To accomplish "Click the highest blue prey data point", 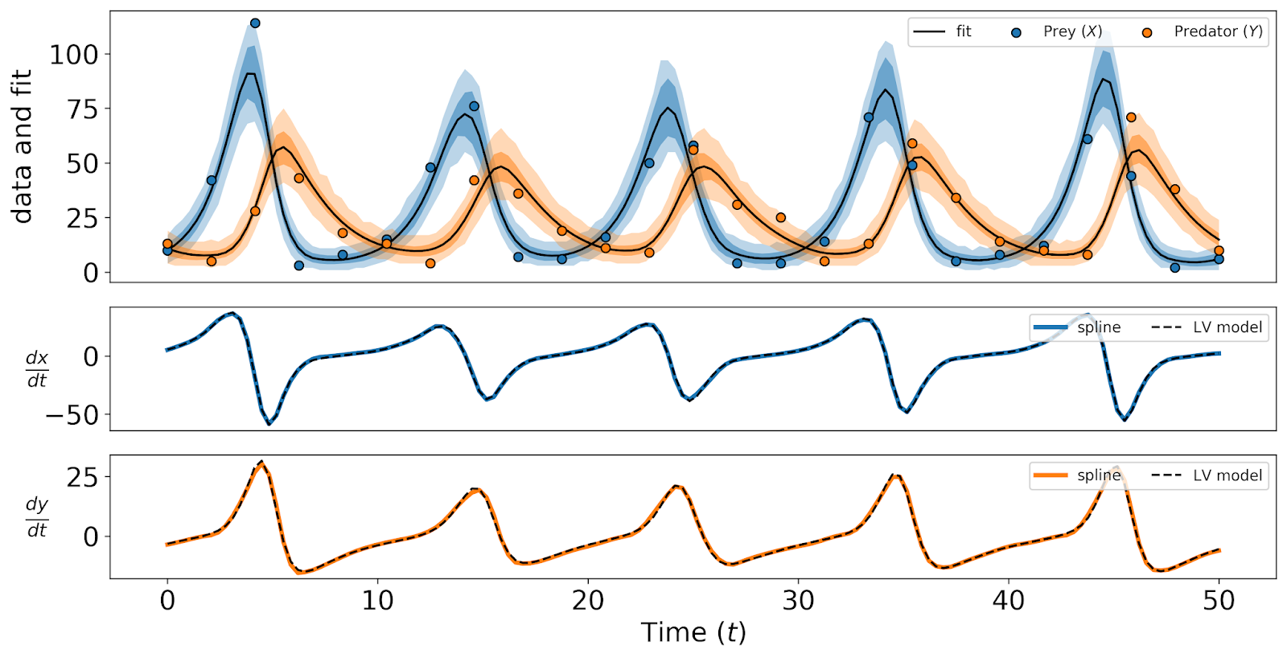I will (255, 23).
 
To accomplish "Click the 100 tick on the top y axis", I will (74, 55).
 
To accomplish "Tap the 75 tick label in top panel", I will (80, 109).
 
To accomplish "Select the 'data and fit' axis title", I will (22, 146).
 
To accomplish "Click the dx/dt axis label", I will (37, 368).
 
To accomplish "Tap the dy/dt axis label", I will (37, 516).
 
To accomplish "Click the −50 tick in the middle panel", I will (72, 415).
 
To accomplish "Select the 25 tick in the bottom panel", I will (82, 478).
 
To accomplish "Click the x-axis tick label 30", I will (798, 601).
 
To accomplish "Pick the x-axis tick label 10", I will (377, 601).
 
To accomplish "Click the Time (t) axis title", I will (693, 633).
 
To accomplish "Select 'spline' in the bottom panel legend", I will (1098, 475).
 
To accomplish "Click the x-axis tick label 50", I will (1219, 601).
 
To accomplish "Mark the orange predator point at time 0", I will (167, 244).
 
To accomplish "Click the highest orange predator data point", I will (1131, 117).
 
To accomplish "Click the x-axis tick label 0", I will (167, 601).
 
